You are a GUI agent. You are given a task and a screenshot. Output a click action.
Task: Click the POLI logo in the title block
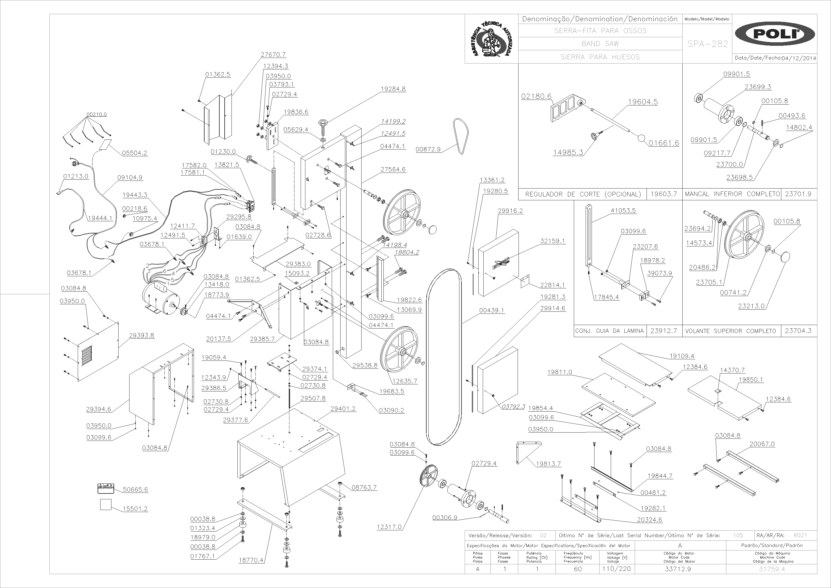click(775, 34)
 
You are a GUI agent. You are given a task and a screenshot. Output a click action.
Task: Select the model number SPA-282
click(707, 44)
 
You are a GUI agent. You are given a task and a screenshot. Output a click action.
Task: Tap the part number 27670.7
click(273, 55)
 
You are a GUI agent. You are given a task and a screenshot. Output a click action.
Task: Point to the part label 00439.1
click(491, 310)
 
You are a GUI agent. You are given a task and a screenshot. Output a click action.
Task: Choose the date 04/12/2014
click(799, 58)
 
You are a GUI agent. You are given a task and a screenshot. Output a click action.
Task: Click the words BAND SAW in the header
click(600, 44)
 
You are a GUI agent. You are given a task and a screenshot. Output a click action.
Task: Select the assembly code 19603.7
click(664, 194)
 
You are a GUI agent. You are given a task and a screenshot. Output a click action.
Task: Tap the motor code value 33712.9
click(678, 569)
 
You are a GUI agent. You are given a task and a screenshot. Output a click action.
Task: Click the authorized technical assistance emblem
click(491, 39)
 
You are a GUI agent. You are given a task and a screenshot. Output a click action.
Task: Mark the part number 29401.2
click(343, 409)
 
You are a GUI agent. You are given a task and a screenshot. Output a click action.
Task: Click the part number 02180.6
click(536, 96)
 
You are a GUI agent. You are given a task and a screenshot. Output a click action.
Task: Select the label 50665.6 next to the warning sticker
click(135, 490)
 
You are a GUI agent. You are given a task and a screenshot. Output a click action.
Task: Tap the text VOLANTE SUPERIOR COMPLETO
click(730, 331)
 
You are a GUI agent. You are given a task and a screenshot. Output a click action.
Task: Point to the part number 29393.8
click(142, 335)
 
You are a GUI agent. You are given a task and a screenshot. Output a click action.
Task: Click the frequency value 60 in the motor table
click(577, 569)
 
